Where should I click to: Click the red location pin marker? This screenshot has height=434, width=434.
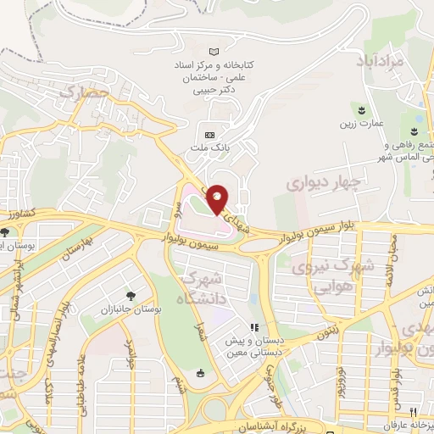click(x=217, y=198)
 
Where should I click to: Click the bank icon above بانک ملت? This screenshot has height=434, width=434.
click(x=210, y=134)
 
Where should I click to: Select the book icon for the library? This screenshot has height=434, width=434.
click(x=224, y=53)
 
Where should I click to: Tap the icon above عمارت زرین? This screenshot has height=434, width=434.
click(x=363, y=110)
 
